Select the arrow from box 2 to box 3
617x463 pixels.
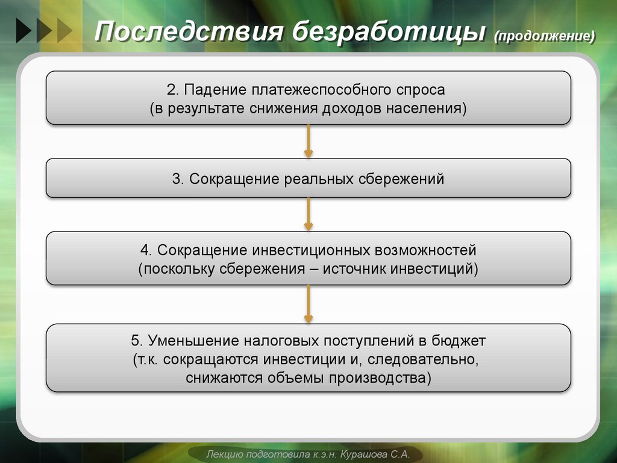click(308, 141)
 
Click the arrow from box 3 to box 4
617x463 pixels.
click(308, 214)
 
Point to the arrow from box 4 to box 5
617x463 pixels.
click(308, 304)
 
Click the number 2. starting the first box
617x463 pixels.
click(173, 90)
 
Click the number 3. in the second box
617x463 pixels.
click(178, 179)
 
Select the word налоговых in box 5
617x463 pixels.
click(282, 341)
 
